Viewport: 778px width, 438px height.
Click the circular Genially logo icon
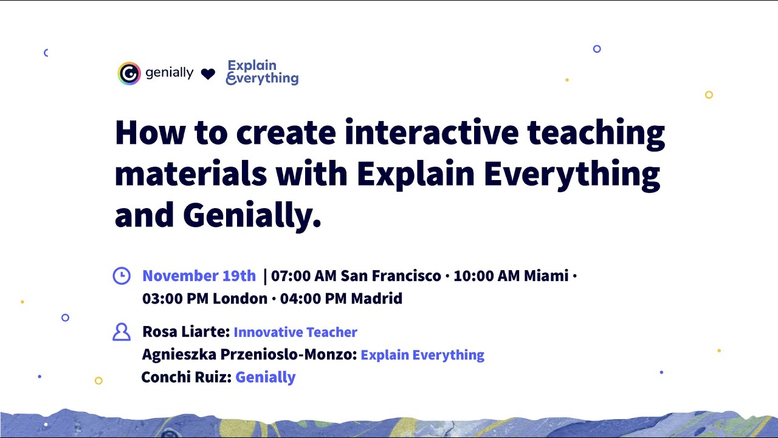[x=129, y=74]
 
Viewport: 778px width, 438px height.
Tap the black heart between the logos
[x=208, y=74]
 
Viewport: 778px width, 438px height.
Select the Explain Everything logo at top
[x=262, y=72]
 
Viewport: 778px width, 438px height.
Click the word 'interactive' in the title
[x=431, y=133]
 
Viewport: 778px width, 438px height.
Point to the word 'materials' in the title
[x=190, y=174]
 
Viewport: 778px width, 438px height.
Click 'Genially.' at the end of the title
[x=252, y=215]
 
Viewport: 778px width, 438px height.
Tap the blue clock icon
[x=122, y=276]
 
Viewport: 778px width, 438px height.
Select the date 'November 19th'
[x=199, y=276]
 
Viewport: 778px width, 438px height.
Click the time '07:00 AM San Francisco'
[x=356, y=276]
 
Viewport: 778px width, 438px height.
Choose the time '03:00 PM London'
[x=205, y=299]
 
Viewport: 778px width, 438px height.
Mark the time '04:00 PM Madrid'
[x=341, y=299]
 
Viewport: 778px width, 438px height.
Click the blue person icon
[x=122, y=332]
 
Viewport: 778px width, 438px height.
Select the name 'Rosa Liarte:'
[x=185, y=332]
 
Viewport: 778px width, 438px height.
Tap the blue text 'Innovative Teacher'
[x=295, y=332]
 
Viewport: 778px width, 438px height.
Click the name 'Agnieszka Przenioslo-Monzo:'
[x=249, y=355]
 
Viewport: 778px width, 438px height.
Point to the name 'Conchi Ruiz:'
[x=186, y=377]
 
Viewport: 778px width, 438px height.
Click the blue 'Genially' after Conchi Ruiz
[x=266, y=377]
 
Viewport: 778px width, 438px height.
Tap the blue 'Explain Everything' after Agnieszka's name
[x=422, y=355]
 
